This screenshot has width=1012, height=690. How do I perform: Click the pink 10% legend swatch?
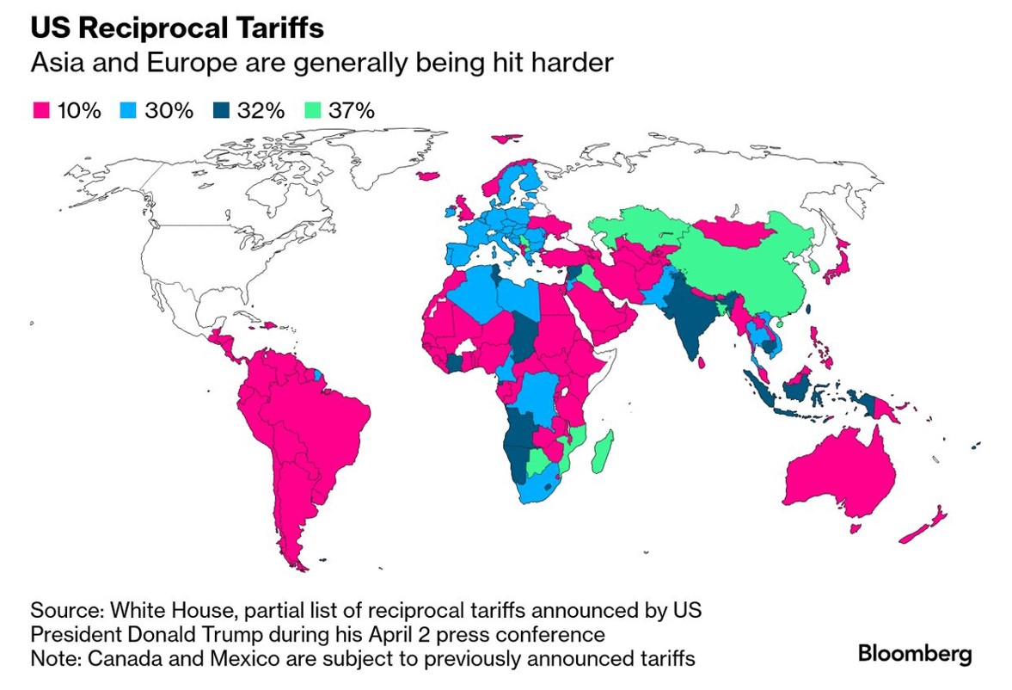39,110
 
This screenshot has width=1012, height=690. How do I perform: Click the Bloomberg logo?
915,652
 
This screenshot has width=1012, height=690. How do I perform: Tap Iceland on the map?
428,176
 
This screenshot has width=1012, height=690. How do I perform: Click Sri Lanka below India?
703,364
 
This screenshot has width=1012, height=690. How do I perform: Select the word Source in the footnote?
63,611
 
